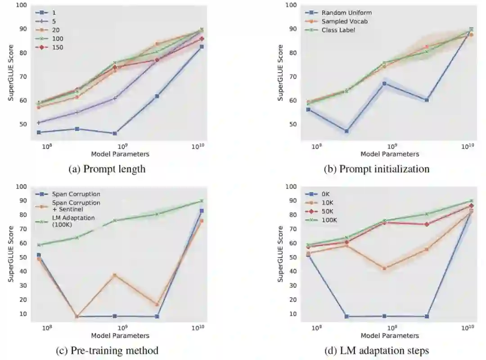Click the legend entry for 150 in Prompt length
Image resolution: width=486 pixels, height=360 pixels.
pyautogui.click(x=45, y=47)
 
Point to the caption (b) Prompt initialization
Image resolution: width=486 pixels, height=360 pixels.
pyautogui.click(x=376, y=169)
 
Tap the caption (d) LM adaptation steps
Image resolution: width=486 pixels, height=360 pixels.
pyautogui.click(x=376, y=350)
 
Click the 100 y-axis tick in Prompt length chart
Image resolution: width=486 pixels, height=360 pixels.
pyautogui.click(x=21, y=5)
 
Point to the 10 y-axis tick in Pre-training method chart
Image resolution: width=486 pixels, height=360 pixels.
pyautogui.click(x=22, y=314)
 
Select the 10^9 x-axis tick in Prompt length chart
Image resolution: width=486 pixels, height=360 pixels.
pyautogui.click(x=123, y=147)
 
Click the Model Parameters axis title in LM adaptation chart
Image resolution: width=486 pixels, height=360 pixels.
pyautogui.click(x=390, y=335)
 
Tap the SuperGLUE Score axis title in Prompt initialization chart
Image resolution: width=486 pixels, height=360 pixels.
pyautogui.click(x=280, y=72)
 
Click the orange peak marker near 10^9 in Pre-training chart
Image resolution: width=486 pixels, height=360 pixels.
pyautogui.click(x=115, y=275)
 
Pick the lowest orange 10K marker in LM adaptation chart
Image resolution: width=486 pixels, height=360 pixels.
pyautogui.click(x=384, y=268)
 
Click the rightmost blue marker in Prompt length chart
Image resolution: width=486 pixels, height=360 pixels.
pyautogui.click(x=202, y=46)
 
